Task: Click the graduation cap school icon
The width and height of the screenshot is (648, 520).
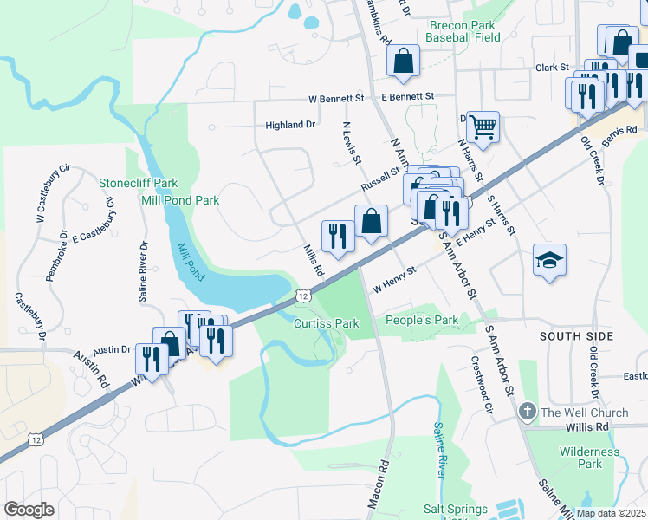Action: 550,260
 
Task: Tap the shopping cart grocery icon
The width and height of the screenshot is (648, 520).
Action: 483,127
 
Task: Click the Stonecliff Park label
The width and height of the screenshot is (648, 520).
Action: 138,183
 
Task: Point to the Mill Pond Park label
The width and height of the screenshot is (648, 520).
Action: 180,200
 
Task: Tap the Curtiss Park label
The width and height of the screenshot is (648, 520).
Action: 326,323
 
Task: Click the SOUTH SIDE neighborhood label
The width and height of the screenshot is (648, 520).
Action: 576,336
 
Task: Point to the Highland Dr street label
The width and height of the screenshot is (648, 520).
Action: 289,125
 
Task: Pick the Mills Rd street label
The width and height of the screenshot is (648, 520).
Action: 314,260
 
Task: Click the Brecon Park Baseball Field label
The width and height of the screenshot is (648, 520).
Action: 464,32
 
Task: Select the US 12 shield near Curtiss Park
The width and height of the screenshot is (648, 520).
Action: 302,296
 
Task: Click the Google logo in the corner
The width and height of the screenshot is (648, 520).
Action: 29,510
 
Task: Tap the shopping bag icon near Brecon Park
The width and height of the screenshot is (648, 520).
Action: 403,61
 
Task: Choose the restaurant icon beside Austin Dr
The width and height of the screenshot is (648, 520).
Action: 152,357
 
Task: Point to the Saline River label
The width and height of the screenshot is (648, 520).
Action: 439,450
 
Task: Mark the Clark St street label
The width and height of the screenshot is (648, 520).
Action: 552,67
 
